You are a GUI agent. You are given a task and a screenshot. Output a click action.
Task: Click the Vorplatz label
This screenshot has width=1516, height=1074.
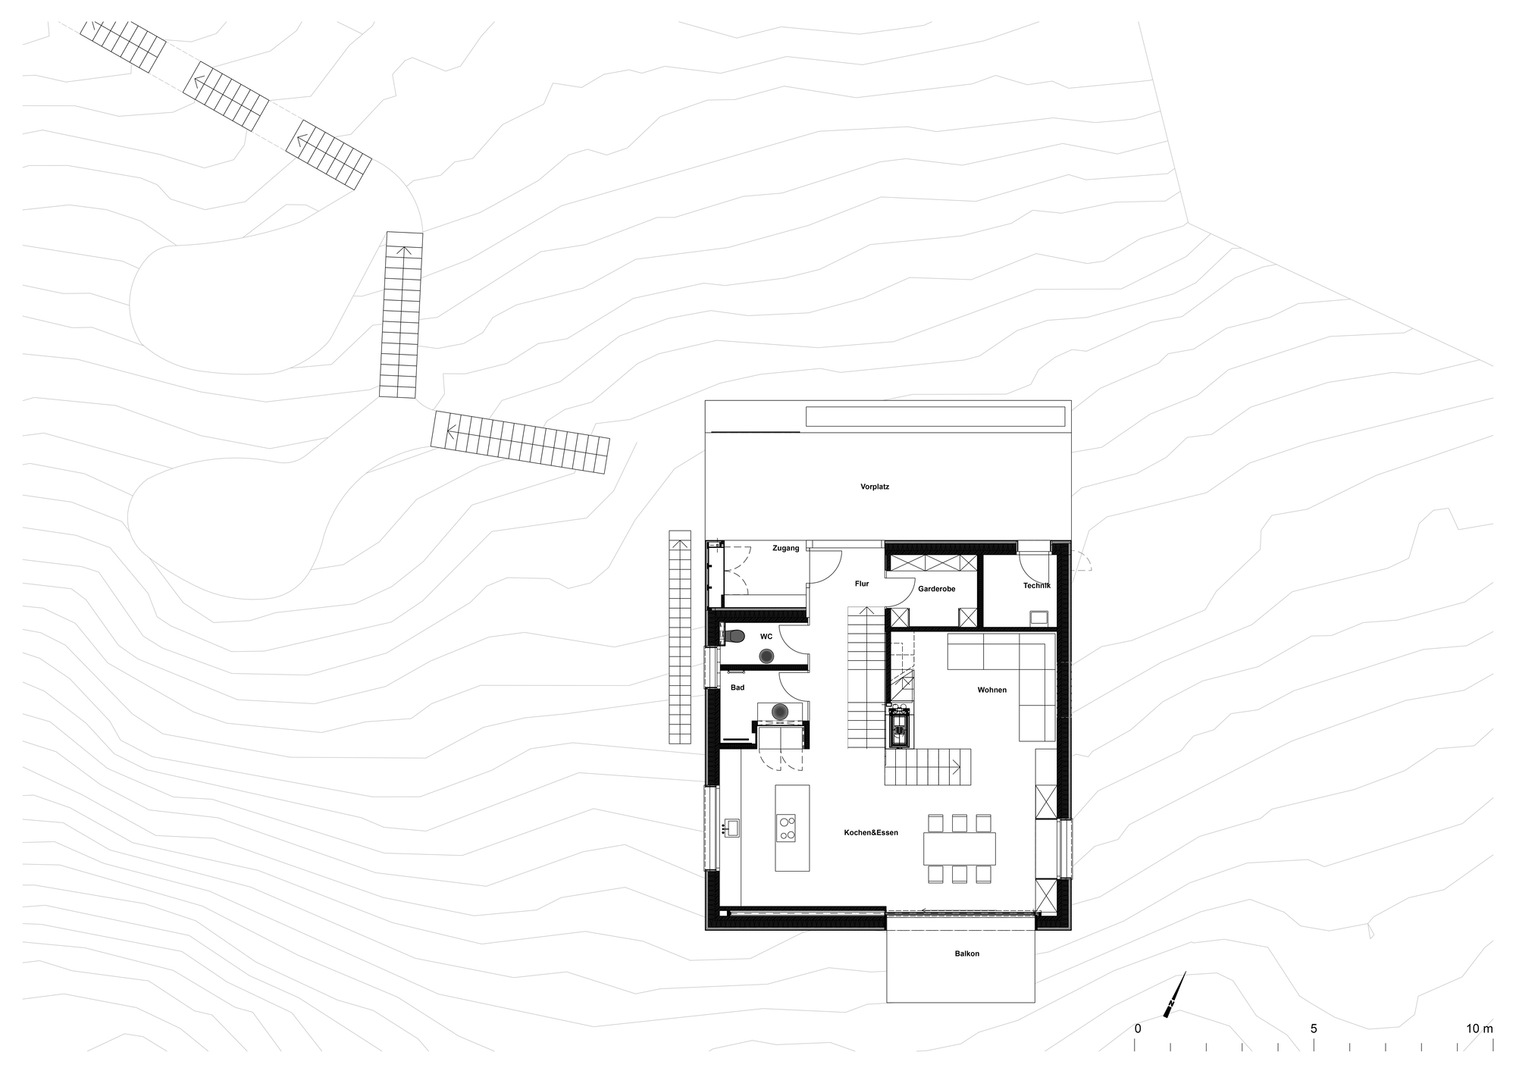coord(875,487)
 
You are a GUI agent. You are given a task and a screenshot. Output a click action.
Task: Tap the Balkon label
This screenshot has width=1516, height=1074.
coord(966,953)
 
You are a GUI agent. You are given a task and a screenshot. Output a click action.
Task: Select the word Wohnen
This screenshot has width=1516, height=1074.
coord(991,690)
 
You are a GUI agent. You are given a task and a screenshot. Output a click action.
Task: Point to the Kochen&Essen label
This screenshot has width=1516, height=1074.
coord(871,832)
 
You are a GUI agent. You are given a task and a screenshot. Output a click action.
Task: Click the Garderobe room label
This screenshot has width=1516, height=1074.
coord(936,589)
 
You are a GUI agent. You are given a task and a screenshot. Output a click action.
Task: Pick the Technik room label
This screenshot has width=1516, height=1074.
coord(1036,585)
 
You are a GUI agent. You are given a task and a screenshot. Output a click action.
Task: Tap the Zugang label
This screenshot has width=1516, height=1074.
coord(785,548)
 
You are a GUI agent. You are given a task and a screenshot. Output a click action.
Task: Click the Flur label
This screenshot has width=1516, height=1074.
coord(862,584)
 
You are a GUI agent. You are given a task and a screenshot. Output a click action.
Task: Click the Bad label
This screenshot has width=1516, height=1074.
coord(738,687)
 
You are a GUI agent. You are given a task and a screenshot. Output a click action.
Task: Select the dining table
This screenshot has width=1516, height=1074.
coord(959,849)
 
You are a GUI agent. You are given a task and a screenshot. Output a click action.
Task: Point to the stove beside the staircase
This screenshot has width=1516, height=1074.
coord(899,728)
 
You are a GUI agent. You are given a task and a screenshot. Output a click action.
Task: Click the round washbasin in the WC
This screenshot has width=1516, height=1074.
coord(767,655)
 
